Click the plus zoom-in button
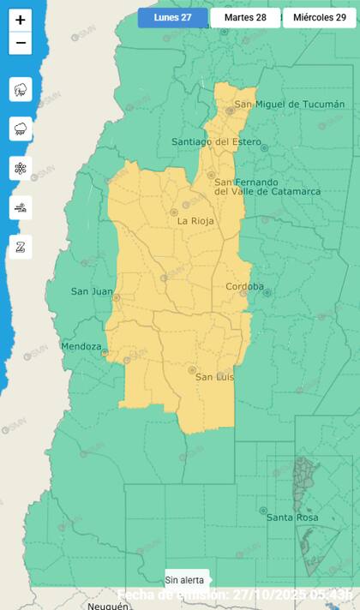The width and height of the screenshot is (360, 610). [21, 20]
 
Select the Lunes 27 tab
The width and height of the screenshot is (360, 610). [173, 17]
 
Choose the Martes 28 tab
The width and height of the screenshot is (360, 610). [245, 17]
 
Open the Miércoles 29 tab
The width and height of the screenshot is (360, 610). [319, 17]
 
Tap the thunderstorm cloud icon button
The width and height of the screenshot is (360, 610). [21, 89]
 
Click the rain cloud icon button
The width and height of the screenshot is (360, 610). [21, 129]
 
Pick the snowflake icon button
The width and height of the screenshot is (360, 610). [21, 168]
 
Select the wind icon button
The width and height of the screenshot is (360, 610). [21, 207]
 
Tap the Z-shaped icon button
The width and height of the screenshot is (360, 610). [21, 247]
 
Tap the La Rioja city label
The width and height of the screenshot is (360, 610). [195, 221]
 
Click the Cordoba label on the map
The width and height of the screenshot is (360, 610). [244, 286]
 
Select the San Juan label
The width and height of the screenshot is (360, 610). [92, 291]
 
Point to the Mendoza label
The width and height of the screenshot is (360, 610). [81, 346]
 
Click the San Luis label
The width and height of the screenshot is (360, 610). [215, 377]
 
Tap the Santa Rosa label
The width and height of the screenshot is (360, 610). [292, 517]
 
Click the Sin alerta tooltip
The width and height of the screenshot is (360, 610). [185, 580]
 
